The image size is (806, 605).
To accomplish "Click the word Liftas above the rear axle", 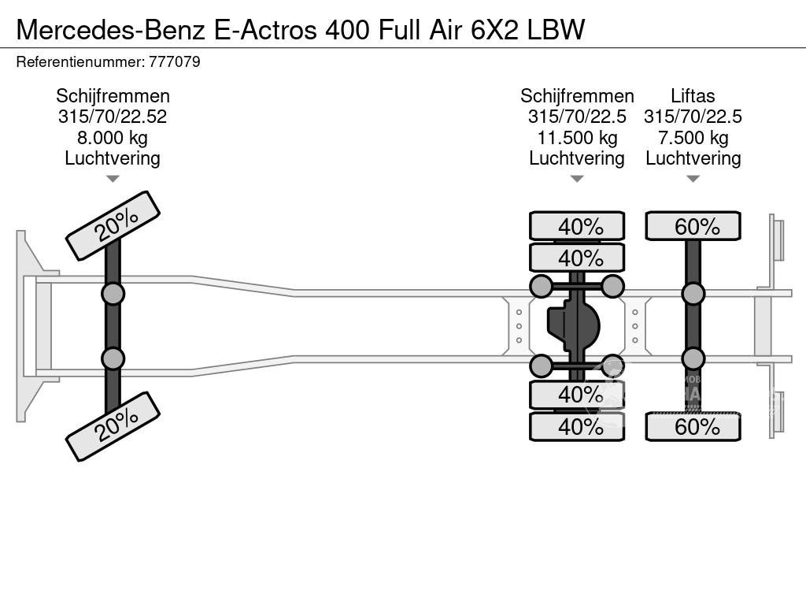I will (x=693, y=96).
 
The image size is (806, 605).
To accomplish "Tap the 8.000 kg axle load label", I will (x=113, y=138).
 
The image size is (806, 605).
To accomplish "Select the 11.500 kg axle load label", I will (x=577, y=138).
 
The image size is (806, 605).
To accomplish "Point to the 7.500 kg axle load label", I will (x=693, y=138).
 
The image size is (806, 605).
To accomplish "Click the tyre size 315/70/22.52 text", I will (x=113, y=117).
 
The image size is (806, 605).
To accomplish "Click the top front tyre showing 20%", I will (x=113, y=225).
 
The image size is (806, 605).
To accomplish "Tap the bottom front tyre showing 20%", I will (x=113, y=426).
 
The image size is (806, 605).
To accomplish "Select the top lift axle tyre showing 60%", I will (x=693, y=226).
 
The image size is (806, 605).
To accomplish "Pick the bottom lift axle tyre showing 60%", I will (x=693, y=427).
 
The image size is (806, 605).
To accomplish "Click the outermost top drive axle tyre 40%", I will (x=577, y=226).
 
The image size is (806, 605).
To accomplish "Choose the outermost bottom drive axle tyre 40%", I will (x=577, y=427).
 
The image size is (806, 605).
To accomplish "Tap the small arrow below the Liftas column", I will (x=693, y=179).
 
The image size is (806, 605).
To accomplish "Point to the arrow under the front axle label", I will (x=113, y=179).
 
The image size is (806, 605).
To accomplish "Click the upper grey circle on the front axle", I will (x=113, y=294).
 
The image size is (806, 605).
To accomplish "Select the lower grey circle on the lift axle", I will (x=693, y=358).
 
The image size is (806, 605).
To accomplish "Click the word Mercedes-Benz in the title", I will (x=111, y=29).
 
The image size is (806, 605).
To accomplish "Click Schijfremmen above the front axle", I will (x=113, y=96).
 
